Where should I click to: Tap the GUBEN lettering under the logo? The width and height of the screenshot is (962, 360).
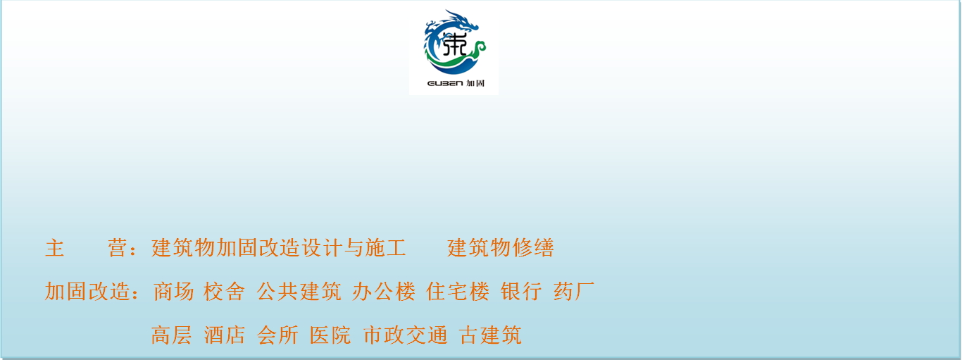click(x=445, y=83)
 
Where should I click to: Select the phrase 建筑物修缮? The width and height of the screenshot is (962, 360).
click(x=500, y=248)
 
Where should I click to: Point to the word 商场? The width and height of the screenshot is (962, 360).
click(x=173, y=291)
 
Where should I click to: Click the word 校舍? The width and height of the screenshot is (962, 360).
click(x=224, y=291)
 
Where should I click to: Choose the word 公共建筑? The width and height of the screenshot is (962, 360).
click(x=299, y=291)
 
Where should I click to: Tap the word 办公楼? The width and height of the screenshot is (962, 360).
click(x=384, y=291)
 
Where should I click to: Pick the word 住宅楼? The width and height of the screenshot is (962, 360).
click(x=458, y=291)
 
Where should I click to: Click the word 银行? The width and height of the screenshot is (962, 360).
click(x=521, y=291)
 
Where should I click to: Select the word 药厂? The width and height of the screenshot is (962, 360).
click(x=574, y=291)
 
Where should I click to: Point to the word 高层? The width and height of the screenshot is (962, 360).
click(x=171, y=335)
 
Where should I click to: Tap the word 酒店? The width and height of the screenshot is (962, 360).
click(x=224, y=335)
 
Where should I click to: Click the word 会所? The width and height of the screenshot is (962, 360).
click(x=277, y=335)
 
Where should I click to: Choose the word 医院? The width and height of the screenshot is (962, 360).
click(x=330, y=335)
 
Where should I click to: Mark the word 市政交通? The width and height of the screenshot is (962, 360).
click(x=405, y=335)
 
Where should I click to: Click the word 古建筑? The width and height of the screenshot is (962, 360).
click(x=490, y=335)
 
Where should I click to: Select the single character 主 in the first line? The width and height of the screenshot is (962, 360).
click(x=55, y=248)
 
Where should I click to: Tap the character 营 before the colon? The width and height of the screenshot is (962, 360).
click(x=117, y=248)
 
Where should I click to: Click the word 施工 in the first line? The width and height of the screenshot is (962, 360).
click(x=385, y=248)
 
